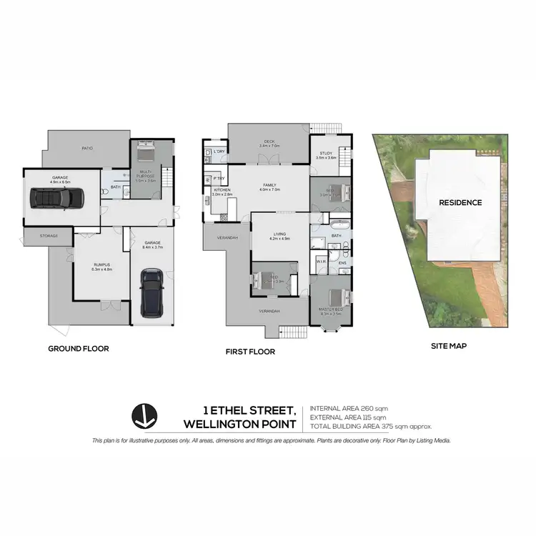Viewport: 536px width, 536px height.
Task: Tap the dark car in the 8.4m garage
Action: coord(152,292)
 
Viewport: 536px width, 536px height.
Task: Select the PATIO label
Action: coord(87,148)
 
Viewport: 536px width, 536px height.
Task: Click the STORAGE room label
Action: coord(49,235)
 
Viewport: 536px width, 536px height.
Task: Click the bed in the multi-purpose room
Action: coord(146,152)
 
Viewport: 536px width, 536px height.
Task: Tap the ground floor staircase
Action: coord(169,176)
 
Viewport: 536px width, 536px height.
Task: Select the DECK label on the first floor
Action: coord(269,142)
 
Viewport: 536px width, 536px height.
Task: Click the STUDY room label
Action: coord(326,153)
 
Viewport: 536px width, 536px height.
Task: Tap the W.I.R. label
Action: coord(321,262)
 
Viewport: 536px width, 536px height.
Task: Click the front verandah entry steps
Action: coord(291,332)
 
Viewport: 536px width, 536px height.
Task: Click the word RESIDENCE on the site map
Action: coord(460,202)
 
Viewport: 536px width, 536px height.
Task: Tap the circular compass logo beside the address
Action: coord(145,417)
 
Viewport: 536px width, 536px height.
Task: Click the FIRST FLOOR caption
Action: coord(249,352)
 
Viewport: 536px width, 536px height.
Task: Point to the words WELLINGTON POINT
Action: coord(239,423)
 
